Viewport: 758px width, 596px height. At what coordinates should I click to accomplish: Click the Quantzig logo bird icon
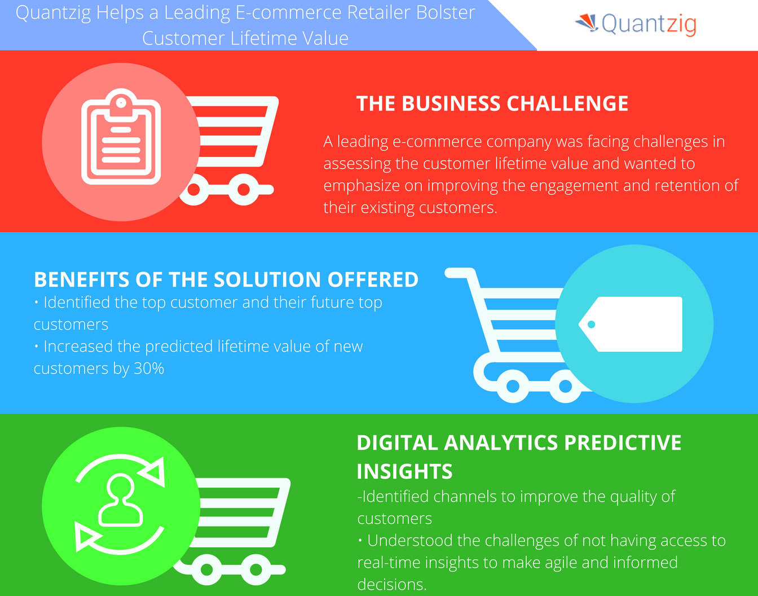point(587,23)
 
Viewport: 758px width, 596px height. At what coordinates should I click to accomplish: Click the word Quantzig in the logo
point(649,24)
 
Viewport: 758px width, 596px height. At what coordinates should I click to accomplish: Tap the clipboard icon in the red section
point(121,137)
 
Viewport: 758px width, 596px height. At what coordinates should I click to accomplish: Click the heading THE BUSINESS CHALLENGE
point(492,104)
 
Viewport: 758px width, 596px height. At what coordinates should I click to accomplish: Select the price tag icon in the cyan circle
point(631,324)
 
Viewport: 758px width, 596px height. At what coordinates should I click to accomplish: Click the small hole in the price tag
point(591,325)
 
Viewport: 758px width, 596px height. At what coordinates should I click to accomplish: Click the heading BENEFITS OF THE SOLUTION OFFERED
point(226,279)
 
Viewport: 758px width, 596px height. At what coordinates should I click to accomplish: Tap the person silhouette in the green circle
point(120,500)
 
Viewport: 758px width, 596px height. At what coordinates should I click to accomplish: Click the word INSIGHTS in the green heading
point(404,471)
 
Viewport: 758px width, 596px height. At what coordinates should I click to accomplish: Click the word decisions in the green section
point(391,584)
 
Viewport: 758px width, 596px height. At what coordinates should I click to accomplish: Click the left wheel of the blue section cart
point(513,387)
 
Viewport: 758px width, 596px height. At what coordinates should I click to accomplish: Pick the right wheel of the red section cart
point(244,190)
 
